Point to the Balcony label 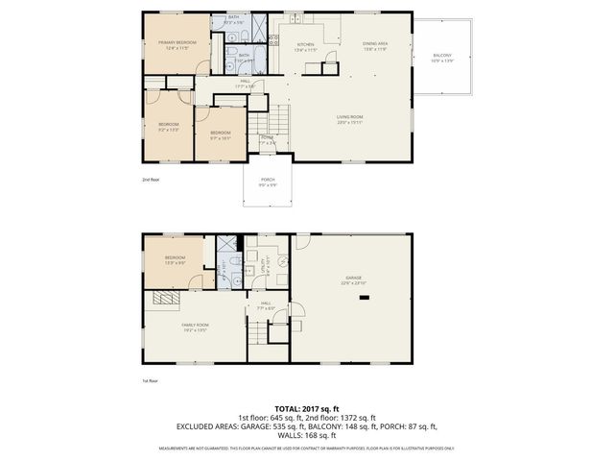(x=442, y=57)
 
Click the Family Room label (x=196, y=328)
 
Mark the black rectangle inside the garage (x=364, y=298)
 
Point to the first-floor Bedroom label (x=175, y=258)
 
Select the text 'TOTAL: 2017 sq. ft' (x=306, y=408)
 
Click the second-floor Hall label (x=246, y=84)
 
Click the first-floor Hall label (x=266, y=304)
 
